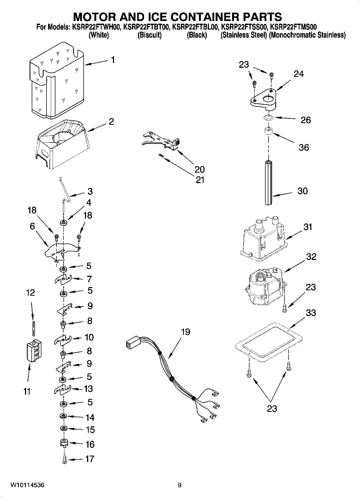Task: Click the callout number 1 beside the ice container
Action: point(113,60)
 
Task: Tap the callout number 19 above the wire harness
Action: point(186,332)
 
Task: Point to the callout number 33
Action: point(311,313)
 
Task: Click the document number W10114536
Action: point(27,485)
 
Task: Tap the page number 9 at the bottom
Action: point(180,485)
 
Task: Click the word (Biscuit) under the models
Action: point(149,35)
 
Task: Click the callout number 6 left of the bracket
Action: point(32,226)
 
